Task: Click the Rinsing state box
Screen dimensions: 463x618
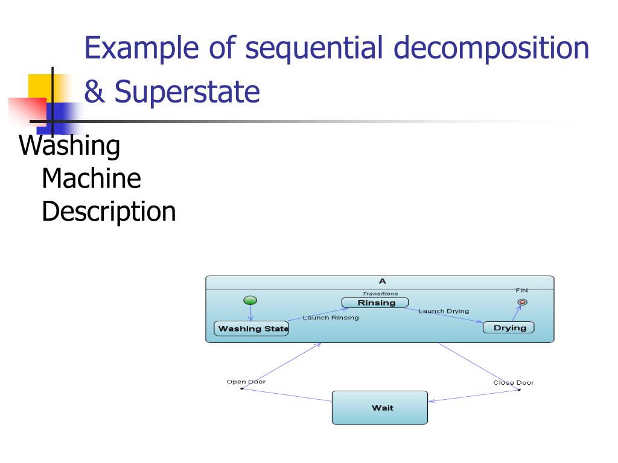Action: click(x=375, y=303)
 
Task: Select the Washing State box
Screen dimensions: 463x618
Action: click(x=251, y=329)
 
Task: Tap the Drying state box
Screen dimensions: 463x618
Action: click(x=508, y=328)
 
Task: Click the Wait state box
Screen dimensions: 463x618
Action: click(x=380, y=408)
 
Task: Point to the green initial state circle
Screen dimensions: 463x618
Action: click(x=250, y=300)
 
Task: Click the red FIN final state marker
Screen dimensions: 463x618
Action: click(x=522, y=302)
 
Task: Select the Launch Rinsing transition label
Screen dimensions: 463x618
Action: click(x=330, y=318)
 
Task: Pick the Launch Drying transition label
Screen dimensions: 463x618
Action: click(x=443, y=311)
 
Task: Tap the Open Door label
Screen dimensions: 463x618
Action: click(x=246, y=382)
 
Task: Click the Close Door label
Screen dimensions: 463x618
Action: click(x=513, y=383)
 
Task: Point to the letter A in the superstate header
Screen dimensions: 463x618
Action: click(x=382, y=282)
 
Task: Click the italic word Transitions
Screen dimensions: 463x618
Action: click(x=380, y=294)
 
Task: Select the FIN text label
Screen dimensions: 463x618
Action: click(x=521, y=291)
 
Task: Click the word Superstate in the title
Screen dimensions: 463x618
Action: click(x=187, y=92)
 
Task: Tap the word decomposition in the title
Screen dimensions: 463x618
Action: click(x=491, y=48)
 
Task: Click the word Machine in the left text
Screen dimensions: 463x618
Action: click(x=91, y=178)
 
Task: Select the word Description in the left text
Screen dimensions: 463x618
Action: click(x=109, y=212)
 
